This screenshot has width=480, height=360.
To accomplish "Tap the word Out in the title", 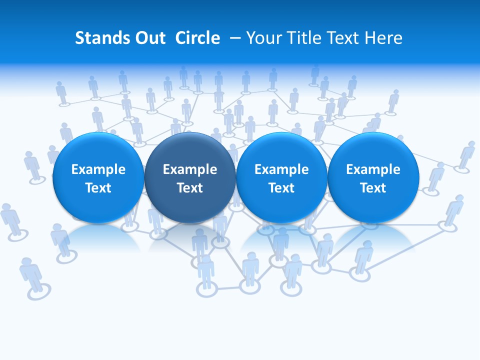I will tap(148, 38).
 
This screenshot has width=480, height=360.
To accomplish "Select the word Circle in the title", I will tap(197, 38).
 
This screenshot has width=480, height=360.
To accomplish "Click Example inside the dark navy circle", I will tap(190, 169).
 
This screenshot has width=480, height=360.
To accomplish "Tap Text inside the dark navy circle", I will tap(190, 188).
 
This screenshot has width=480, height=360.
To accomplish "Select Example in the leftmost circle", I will tap(98, 169).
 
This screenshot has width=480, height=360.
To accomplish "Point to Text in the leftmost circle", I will tap(98, 188).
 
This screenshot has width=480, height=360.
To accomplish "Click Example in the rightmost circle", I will tap(373, 169).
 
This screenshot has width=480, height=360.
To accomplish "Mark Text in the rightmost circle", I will tap(373, 188).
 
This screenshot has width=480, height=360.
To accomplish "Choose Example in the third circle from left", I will tap(281, 169).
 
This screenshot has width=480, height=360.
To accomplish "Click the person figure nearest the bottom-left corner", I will tap(32, 274).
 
